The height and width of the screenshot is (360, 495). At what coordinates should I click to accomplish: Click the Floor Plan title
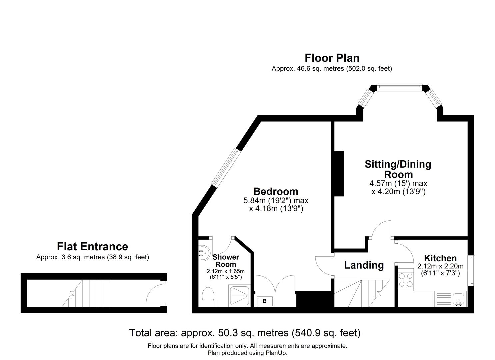(x=332, y=58)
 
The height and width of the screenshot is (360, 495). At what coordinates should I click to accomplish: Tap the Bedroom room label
(x=276, y=191)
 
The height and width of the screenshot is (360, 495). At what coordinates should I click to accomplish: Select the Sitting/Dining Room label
(x=398, y=169)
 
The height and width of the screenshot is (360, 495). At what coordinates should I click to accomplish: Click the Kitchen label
(x=440, y=258)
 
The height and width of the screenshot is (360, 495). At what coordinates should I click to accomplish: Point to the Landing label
(x=364, y=265)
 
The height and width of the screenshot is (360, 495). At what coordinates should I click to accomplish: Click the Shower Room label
(x=226, y=261)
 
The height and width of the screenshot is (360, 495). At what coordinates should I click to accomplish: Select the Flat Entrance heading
(x=92, y=247)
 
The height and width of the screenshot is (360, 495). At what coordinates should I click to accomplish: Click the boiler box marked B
(x=265, y=301)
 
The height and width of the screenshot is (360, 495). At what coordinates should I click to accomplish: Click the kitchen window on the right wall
(x=472, y=270)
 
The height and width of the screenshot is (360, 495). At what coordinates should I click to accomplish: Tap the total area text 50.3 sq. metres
(x=245, y=333)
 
